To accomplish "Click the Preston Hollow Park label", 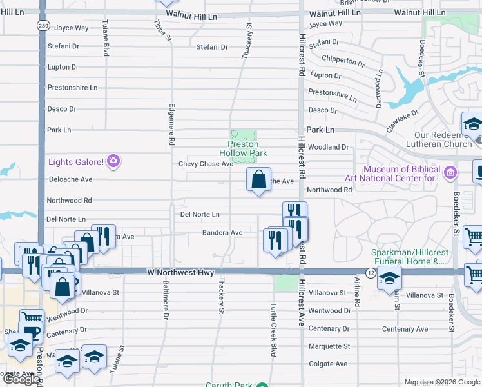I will coord(247,148).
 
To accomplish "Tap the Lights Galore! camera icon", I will coord(113,161).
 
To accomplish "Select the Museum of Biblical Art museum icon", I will coord(450,172).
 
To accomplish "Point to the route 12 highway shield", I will coord(371,273).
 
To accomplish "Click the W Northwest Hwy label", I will coord(180,273).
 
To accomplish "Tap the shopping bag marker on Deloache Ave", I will coord(258,180).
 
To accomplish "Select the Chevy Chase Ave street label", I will coord(206,164).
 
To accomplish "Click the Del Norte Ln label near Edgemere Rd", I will coord(200,214).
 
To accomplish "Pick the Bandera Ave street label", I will coord(222,232).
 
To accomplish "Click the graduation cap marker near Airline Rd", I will coord(389,279).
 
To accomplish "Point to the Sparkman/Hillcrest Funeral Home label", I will coord(409,257).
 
